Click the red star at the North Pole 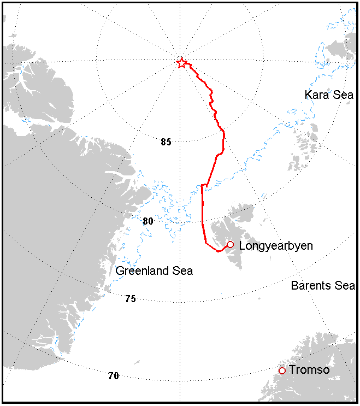(x=181, y=63)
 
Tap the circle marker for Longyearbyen (x=230, y=244)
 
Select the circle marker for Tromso (x=282, y=370)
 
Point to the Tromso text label (x=309, y=370)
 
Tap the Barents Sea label (x=323, y=286)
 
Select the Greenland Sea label (x=154, y=271)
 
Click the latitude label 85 (x=166, y=142)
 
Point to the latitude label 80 (x=147, y=221)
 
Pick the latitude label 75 (x=130, y=299)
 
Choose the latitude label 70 (x=113, y=376)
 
